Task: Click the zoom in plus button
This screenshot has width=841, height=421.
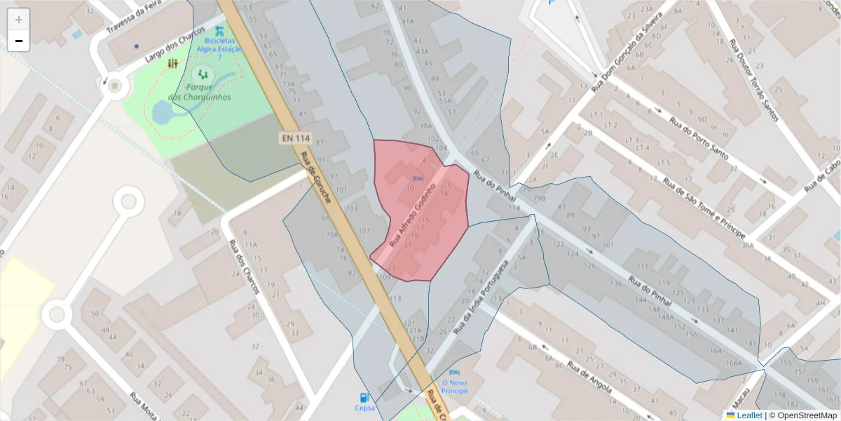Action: (19, 20)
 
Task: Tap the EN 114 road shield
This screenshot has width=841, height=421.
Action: (295, 138)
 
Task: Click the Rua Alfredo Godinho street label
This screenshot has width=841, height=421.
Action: (413, 215)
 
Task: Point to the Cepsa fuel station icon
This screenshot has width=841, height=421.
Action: (364, 397)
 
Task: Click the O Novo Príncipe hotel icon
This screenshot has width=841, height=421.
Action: (454, 373)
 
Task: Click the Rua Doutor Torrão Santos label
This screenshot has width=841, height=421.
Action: (753, 81)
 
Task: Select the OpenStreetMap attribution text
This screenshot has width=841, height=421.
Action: (802, 415)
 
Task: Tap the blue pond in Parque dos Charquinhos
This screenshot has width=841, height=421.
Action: (164, 112)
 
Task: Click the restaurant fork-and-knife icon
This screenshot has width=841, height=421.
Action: (173, 64)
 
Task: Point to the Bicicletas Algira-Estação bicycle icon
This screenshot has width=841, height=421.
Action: (220, 32)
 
